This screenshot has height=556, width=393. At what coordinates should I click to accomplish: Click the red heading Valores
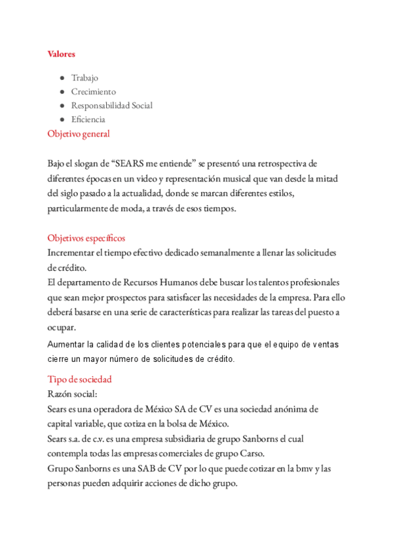tap(61, 54)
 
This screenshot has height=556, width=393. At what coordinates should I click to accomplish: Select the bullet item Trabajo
tap(84, 78)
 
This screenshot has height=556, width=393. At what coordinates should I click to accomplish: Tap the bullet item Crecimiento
tap(93, 92)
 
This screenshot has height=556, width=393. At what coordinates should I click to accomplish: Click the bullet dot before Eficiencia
tap(62, 119)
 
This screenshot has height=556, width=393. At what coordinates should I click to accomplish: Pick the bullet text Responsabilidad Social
tap(111, 106)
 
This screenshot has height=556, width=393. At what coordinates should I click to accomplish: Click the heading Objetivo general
tap(79, 134)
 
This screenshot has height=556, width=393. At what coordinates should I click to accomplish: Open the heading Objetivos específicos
tap(86, 237)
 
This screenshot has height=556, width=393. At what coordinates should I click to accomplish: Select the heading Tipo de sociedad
tap(79, 379)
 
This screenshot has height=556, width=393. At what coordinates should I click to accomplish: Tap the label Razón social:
tap(72, 393)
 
